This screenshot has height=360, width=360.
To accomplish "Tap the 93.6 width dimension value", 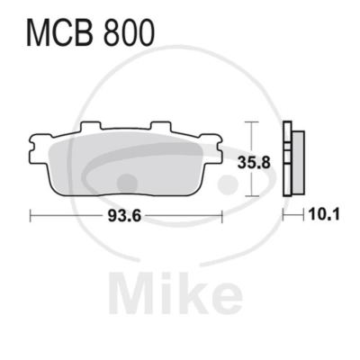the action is click(124, 216).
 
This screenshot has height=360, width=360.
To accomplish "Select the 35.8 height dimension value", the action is click(254, 162).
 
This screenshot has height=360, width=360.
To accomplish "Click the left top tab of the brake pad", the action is click(90, 126).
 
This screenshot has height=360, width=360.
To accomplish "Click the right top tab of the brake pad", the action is click(160, 126).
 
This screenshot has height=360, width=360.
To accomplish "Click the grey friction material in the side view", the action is click(298, 162).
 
